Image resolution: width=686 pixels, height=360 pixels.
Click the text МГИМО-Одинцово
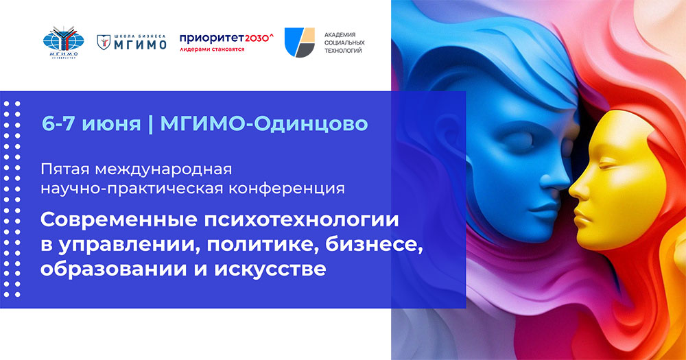pos(263,123)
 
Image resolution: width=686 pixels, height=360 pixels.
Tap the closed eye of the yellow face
pos(608,168)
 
